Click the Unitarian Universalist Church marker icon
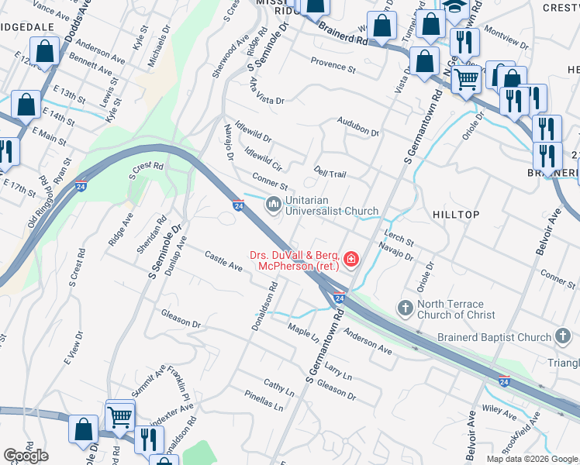coord(273,205)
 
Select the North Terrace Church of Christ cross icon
coord(405,308)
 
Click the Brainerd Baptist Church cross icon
coord(563,336)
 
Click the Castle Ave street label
coord(223,261)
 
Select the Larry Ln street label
coord(338,370)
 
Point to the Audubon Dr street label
coord(357,127)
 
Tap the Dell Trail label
coord(330,172)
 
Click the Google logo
coord(26,456)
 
